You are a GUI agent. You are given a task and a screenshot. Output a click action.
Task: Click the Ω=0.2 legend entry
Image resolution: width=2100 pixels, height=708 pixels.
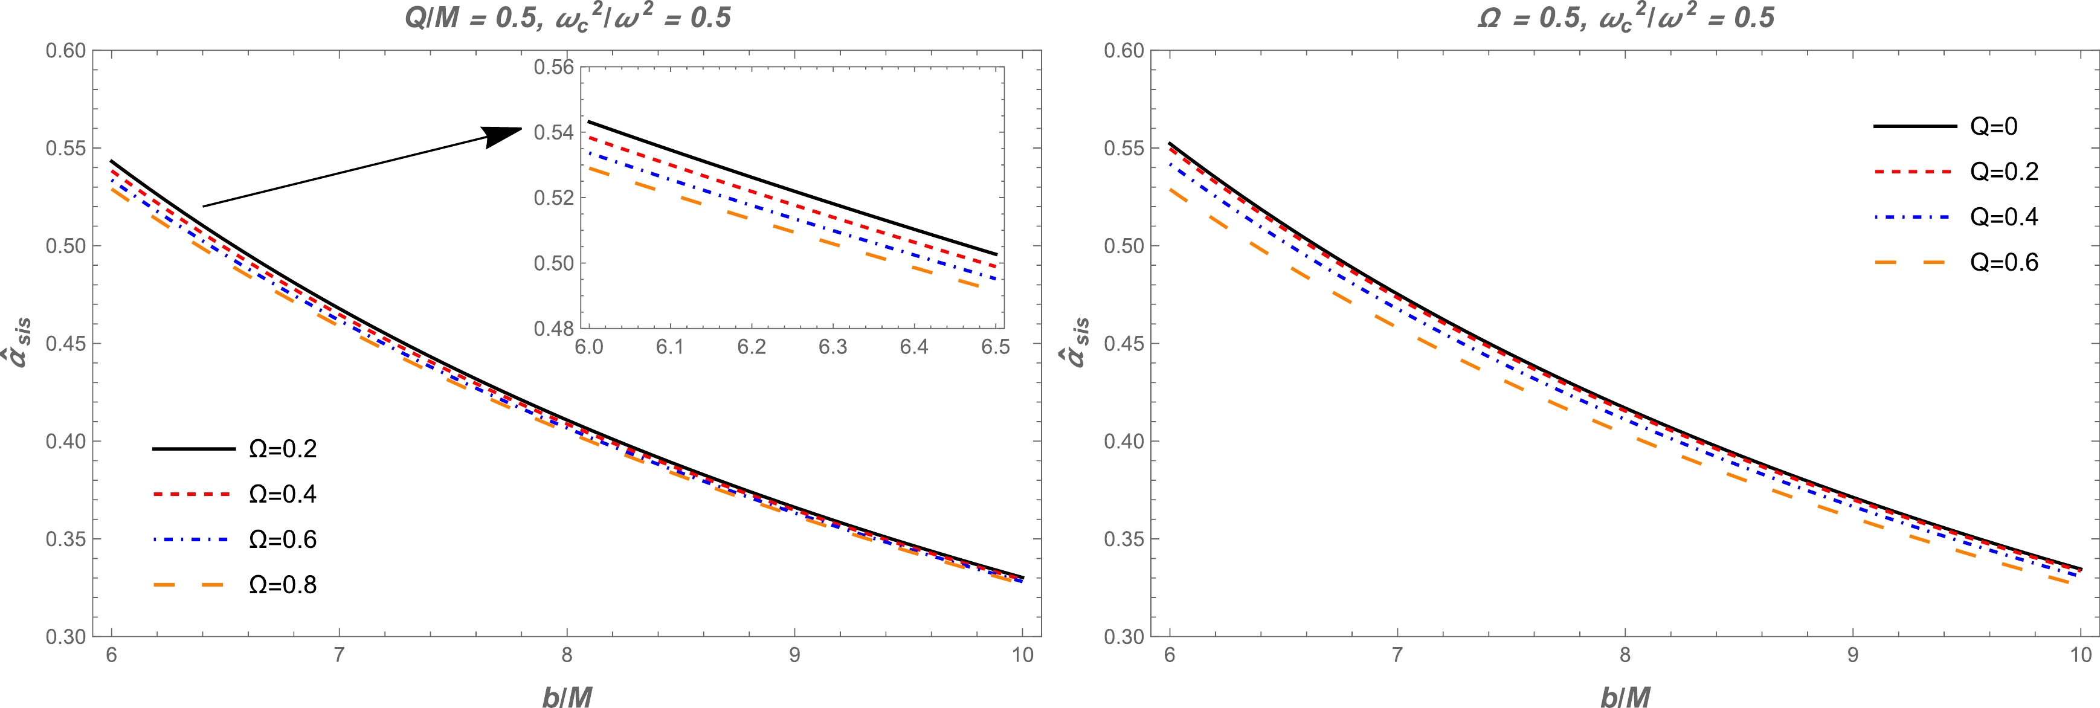click(282, 449)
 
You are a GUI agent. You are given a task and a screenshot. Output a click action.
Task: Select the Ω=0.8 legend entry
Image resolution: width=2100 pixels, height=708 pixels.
click(282, 585)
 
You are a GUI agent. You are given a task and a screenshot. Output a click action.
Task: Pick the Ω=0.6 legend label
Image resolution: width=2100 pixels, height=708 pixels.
click(282, 539)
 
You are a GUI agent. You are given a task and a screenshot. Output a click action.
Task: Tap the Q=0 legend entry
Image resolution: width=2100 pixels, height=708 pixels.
click(1993, 126)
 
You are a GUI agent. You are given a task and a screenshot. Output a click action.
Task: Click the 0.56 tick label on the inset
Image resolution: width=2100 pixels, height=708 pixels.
click(553, 67)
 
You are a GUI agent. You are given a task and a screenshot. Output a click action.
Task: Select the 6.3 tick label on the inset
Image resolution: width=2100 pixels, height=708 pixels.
click(833, 347)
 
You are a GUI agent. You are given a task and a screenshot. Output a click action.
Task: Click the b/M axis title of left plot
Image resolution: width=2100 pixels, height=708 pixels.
click(567, 697)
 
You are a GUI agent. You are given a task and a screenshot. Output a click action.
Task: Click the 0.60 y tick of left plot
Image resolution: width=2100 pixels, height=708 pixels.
click(65, 51)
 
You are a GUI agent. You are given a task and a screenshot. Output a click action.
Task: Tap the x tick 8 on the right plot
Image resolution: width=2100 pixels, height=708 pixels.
click(1625, 655)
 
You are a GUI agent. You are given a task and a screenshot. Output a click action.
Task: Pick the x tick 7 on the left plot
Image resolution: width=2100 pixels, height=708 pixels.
click(338, 655)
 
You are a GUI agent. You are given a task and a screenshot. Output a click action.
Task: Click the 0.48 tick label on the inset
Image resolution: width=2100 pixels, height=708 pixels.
click(553, 329)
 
